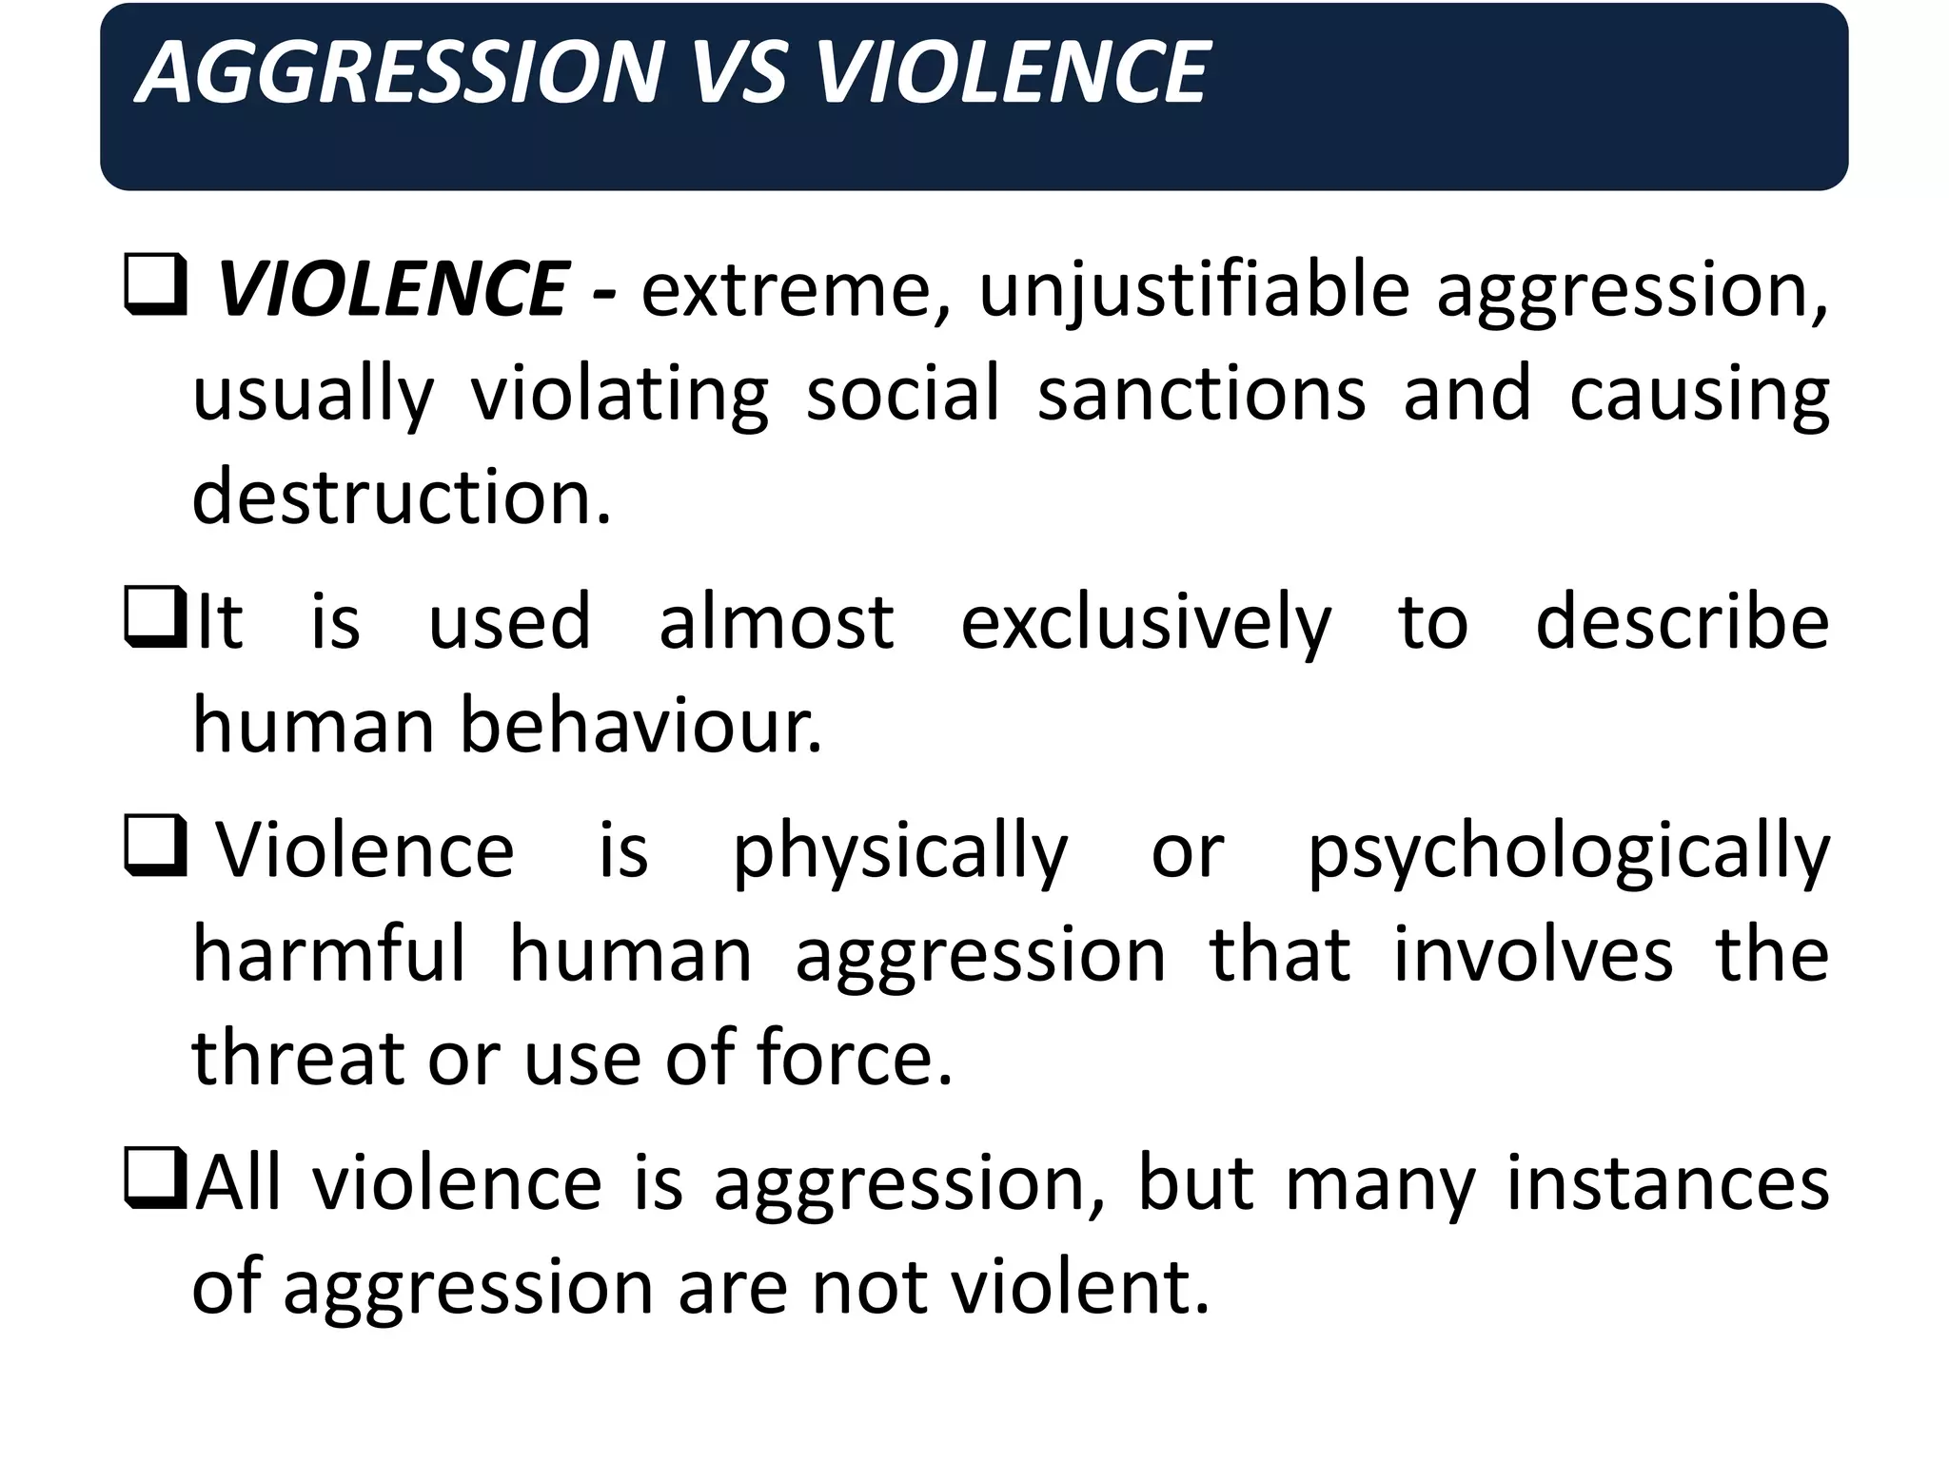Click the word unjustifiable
point(1193,291)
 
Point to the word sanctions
point(1202,394)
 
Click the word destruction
point(401,497)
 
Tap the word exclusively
point(1146,624)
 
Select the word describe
point(1682,622)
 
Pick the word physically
point(900,852)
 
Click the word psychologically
point(1568,852)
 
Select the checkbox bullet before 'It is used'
point(155,619)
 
